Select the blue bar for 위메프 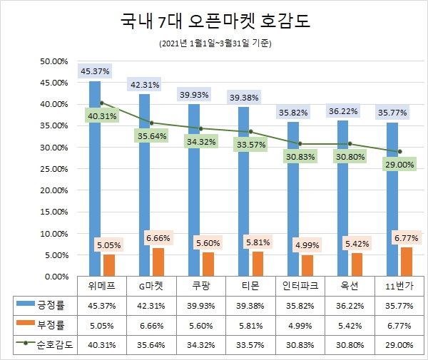coord(95,178)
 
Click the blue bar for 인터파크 coord(293,199)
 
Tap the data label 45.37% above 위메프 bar coord(96,71)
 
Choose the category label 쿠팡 coord(200,285)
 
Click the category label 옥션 coord(350,285)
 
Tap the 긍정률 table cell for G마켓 coord(151,305)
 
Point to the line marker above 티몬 coord(250,132)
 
